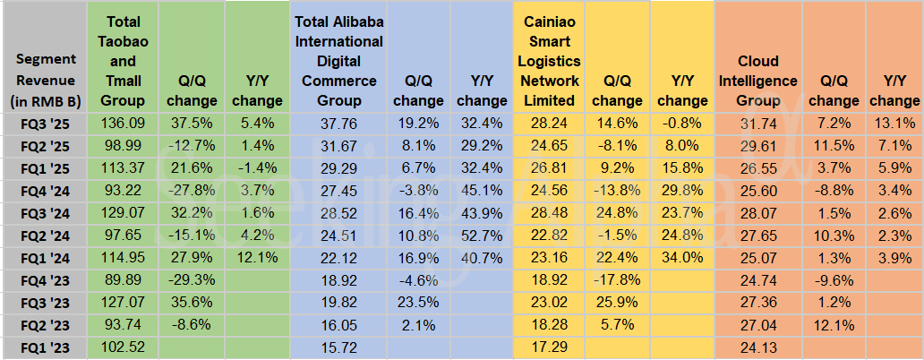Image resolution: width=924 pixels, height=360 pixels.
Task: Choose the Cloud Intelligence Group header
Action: click(757, 81)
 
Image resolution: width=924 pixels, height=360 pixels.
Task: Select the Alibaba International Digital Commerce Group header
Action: click(338, 61)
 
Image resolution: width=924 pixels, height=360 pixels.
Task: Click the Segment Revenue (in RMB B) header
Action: click(44, 81)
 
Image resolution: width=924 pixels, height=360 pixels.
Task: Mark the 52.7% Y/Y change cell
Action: click(482, 235)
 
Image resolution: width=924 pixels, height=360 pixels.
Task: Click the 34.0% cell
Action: click(682, 257)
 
